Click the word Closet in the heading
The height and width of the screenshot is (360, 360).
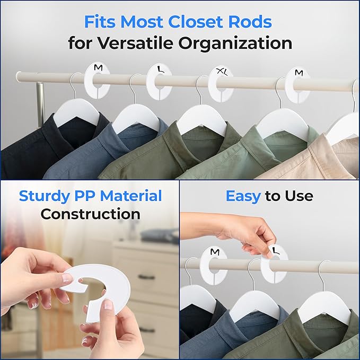point(192,22)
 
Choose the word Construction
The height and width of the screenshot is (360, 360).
point(91,214)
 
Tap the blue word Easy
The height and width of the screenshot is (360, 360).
point(243,196)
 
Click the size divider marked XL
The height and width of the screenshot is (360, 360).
point(221,84)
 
